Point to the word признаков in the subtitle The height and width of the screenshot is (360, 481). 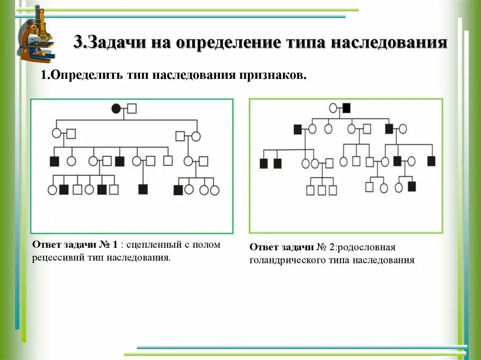pyautogui.click(x=272, y=75)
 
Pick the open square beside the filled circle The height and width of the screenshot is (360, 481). pyautogui.click(x=132, y=109)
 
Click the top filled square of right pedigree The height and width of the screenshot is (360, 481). pyautogui.click(x=347, y=108)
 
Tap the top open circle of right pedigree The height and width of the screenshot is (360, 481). pyautogui.click(x=333, y=108)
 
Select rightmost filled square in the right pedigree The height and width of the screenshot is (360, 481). pyautogui.click(x=431, y=161)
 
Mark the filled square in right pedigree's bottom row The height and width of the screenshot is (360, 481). pyautogui.click(x=412, y=186)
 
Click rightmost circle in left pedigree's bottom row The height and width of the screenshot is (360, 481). pyautogui.click(x=215, y=190)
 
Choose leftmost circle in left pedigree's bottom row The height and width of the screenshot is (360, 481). pyautogui.click(x=52, y=190)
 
